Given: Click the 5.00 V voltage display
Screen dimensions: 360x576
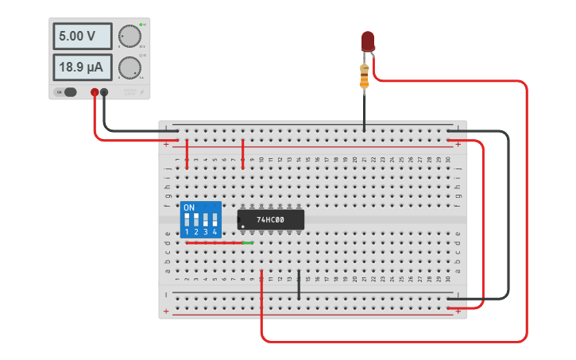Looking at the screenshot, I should click(83, 37).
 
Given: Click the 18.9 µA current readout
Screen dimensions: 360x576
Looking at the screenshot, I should click(83, 68).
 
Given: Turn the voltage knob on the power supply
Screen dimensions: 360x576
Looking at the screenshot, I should click(128, 37).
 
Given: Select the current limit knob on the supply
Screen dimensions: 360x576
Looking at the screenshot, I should click(128, 68).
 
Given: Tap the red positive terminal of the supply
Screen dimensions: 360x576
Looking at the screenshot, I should click(95, 92).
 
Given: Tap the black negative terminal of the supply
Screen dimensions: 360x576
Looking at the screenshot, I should click(104, 92).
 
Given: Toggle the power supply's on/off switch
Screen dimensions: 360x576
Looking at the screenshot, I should click(69, 92).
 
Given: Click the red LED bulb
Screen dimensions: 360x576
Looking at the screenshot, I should click(367, 41).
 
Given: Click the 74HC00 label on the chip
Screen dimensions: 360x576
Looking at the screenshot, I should click(270, 219).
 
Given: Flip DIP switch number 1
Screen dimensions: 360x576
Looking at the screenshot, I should click(187, 219).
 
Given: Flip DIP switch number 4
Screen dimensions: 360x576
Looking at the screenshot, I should click(215, 219).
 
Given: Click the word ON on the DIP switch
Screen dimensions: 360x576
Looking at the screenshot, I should click(188, 207).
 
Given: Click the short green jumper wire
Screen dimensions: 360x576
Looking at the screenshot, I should click(248, 243).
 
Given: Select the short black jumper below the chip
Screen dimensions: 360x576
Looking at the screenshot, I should click(299, 285).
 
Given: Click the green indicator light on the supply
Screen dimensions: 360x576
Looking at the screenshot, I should click(141, 25).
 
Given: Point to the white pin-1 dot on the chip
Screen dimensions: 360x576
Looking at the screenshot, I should click(242, 226).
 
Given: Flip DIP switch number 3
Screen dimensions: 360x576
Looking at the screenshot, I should click(205, 219).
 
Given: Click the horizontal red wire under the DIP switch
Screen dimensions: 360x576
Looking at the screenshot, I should click(215, 243).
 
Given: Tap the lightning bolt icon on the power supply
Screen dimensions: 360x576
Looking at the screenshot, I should click(142, 93).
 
